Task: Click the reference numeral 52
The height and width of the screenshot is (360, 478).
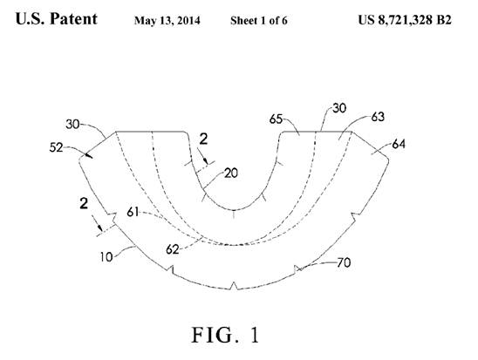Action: click(56, 147)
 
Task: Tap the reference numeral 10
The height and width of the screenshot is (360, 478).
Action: click(106, 257)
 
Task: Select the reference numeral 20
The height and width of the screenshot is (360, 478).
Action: click(231, 173)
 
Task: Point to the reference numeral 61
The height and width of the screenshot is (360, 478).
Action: click(133, 212)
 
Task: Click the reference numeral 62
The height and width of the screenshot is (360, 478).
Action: click(172, 249)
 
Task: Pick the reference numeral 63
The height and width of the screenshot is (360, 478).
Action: click(378, 117)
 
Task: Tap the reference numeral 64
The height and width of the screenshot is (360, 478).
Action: click(399, 144)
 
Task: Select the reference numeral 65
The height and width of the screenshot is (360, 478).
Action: click(276, 119)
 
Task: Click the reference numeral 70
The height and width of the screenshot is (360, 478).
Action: click(344, 263)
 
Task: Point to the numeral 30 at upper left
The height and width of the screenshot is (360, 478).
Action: click(72, 125)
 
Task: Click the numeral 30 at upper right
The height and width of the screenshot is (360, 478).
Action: click(339, 108)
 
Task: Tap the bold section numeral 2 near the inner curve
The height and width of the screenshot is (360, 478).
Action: click(203, 139)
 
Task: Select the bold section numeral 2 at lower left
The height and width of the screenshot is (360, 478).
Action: click(84, 203)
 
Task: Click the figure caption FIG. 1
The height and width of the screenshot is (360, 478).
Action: click(225, 335)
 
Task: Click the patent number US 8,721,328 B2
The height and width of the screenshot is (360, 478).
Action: click(405, 20)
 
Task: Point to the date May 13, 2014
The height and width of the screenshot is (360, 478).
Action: click(167, 21)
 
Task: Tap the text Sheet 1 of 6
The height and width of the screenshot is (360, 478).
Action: click(259, 21)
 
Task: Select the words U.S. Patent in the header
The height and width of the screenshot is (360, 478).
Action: click(57, 19)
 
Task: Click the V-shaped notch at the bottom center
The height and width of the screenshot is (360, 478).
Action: click(234, 286)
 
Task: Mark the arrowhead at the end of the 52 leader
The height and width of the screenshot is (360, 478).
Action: click(89, 156)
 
